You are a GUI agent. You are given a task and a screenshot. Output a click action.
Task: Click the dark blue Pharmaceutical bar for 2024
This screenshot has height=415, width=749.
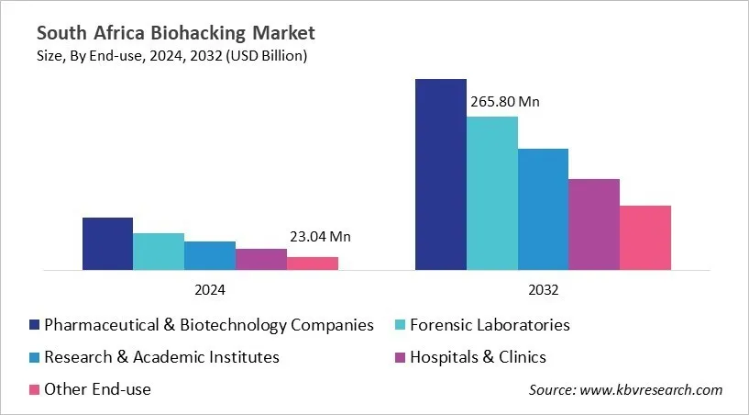(107, 244)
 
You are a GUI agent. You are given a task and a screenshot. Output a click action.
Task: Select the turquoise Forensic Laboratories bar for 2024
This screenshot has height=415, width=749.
(159, 252)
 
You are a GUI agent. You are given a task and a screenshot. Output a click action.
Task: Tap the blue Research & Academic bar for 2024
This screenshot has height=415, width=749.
(210, 256)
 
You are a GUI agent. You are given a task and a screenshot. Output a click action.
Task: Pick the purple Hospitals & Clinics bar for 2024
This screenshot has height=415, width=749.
(261, 260)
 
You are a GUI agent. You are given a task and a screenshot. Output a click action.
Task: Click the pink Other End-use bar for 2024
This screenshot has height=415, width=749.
(313, 264)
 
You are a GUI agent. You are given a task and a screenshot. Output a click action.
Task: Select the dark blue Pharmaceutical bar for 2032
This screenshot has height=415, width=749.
(441, 174)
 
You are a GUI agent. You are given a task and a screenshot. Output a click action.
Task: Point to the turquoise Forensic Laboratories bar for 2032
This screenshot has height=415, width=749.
(492, 194)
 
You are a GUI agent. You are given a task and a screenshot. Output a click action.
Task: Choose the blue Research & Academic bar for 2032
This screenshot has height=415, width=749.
(544, 209)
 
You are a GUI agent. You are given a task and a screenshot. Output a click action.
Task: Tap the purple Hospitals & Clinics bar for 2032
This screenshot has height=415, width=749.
(594, 225)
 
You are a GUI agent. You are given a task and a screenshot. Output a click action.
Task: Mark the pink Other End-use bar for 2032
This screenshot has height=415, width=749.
(645, 238)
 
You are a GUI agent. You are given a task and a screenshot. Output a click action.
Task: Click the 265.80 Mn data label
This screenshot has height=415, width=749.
(504, 102)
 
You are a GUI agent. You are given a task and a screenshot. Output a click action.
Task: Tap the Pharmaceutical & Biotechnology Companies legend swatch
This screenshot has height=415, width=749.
(35, 325)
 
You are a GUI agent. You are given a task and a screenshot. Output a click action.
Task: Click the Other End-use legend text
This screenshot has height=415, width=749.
(98, 389)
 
